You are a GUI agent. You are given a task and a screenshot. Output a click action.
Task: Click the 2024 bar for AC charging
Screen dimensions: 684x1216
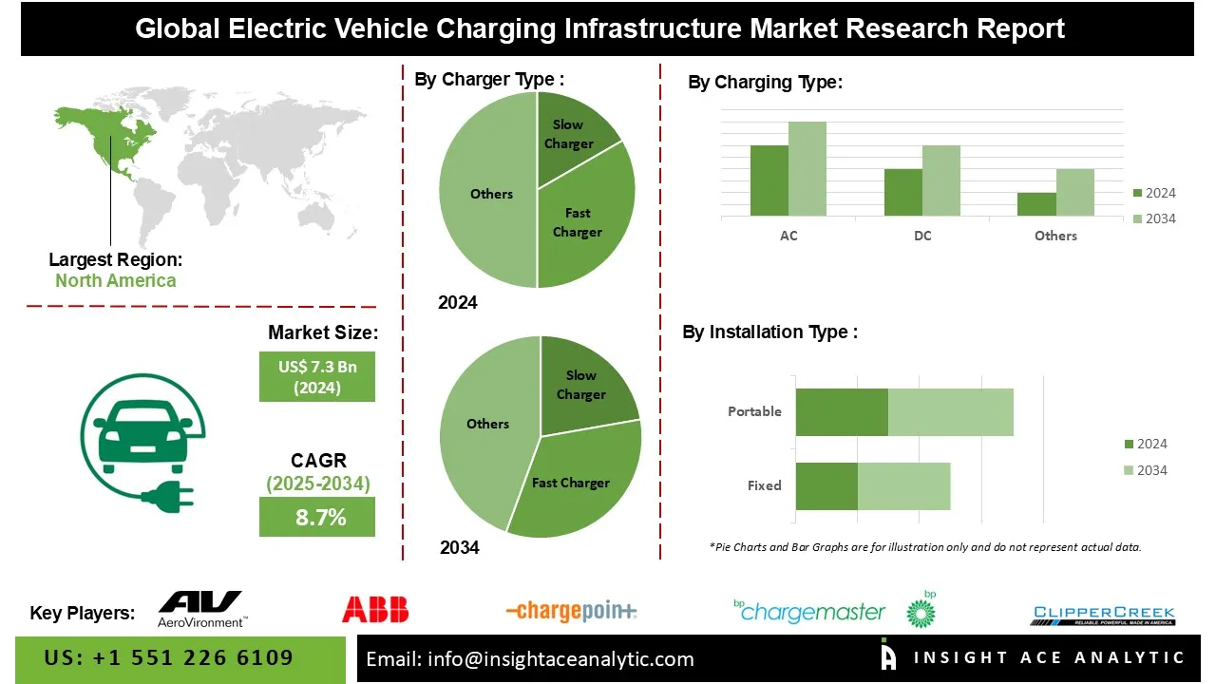coord(769,180)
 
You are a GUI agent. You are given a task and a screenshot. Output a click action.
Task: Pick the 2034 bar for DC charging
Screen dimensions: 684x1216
coord(941,180)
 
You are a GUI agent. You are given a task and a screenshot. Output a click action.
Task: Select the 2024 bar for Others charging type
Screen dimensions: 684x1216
coord(1036,204)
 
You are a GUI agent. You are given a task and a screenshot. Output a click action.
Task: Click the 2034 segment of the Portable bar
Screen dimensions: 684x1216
coord(950,412)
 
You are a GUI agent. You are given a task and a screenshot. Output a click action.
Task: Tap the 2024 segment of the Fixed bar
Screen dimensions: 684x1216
coord(826,486)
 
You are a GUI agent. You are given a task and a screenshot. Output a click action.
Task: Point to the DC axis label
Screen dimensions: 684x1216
coord(922,236)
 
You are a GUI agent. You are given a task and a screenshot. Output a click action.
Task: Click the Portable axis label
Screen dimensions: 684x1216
coord(754,411)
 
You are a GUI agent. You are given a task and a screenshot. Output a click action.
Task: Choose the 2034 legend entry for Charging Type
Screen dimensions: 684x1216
coord(1154,218)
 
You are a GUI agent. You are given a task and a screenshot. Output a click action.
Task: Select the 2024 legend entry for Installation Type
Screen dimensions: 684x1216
coord(1146,444)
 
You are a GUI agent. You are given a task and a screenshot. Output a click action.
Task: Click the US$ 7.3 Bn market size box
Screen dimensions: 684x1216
coord(317,376)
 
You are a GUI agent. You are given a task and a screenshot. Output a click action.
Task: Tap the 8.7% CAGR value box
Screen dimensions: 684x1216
coord(317,518)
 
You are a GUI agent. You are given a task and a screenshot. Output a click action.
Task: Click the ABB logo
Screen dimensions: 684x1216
coord(375,609)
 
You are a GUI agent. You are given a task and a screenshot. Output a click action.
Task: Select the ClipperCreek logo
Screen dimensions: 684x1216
coord(1104,615)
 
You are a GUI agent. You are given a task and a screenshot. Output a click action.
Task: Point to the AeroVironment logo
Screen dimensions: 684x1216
coord(201,609)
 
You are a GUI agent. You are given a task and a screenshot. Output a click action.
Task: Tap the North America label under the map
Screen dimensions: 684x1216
coord(115,280)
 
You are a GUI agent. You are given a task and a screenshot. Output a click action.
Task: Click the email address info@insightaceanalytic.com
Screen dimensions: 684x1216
coord(530,658)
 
